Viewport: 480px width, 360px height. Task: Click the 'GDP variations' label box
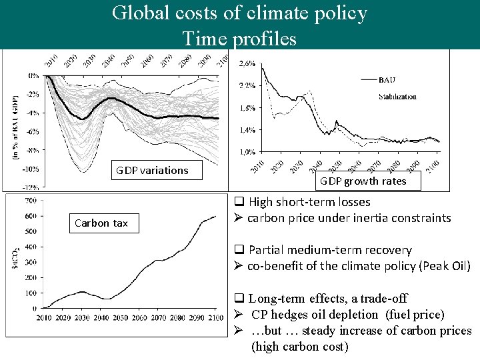152,170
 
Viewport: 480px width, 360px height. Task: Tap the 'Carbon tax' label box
101,223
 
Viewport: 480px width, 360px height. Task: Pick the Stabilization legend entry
397,97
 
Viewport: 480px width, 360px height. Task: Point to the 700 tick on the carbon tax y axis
29,200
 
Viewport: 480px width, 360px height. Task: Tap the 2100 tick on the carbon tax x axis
215,318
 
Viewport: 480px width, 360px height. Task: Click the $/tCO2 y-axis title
15,256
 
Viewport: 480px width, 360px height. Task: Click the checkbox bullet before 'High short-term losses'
239,202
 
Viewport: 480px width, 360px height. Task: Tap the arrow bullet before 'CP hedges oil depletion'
238,315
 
